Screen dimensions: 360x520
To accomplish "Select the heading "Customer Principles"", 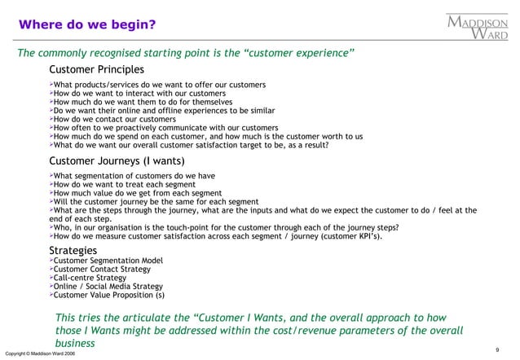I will pyautogui.click(x=96, y=69).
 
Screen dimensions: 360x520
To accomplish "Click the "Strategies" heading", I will pyautogui.click(x=73, y=249).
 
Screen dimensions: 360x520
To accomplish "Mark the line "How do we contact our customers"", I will pyautogui.click(x=115, y=118).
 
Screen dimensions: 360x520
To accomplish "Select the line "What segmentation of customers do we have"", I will pyautogui.click(x=134, y=175).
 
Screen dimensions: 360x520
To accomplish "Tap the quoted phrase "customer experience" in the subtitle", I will pyautogui.click(x=299, y=54).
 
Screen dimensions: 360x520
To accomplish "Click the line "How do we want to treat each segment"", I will pyautogui.click(x=125, y=184).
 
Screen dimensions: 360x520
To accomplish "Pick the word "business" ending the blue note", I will pyautogui.click(x=75, y=344).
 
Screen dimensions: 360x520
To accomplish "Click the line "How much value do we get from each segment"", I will pyautogui.click(x=137, y=193).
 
